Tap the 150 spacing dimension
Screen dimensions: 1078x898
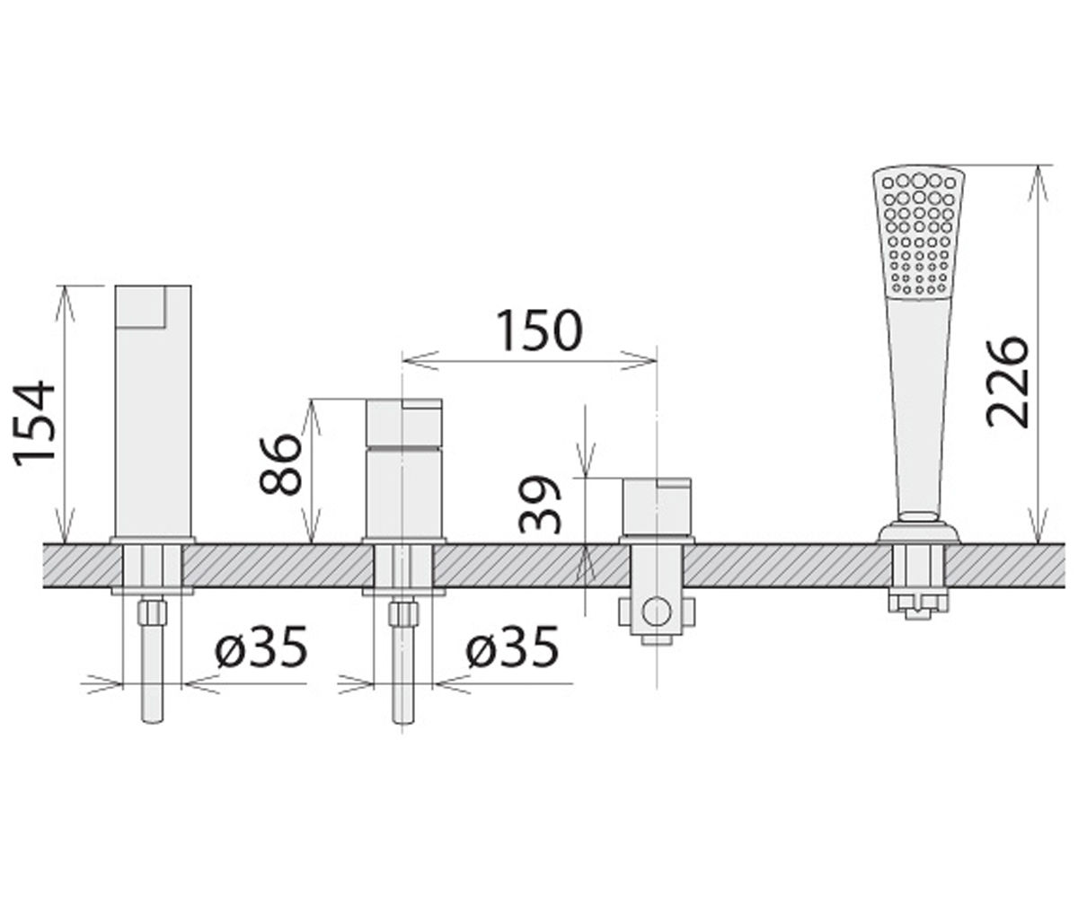[540, 330]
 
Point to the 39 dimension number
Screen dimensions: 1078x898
[539, 504]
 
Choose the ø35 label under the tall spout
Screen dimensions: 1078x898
[261, 646]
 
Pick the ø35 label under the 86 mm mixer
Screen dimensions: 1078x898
[512, 646]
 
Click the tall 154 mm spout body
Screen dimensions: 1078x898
[153, 411]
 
